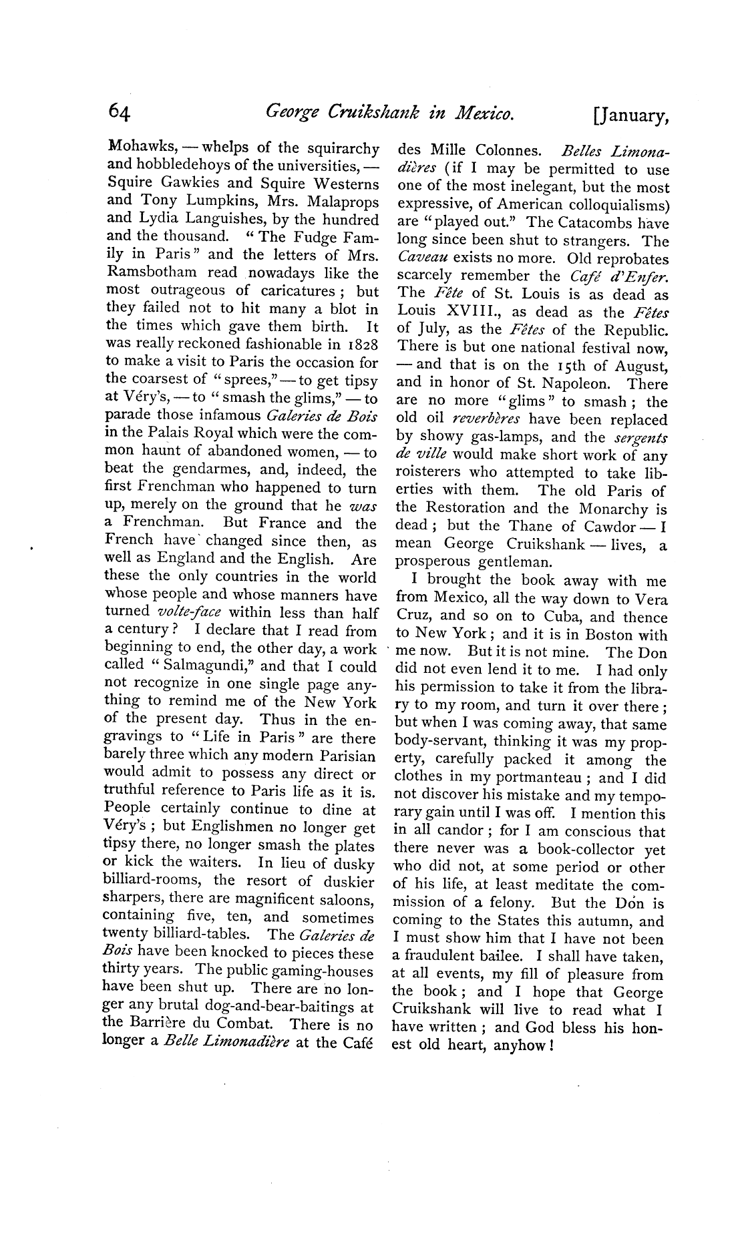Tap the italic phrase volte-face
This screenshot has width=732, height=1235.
click(x=191, y=613)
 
